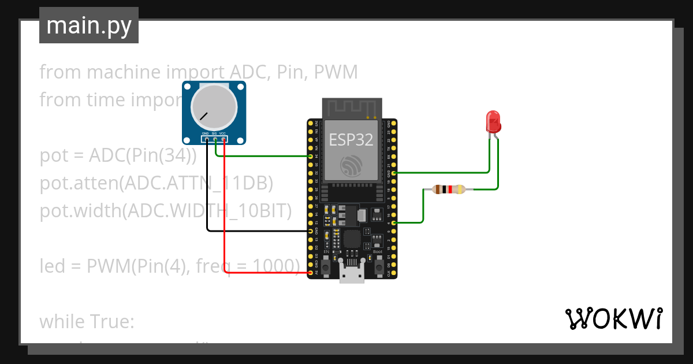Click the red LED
click(x=494, y=121)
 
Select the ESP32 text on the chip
click(x=351, y=139)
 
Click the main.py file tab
click(x=89, y=25)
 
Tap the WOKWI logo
click(x=613, y=318)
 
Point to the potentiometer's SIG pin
click(x=215, y=139)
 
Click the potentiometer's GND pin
click(x=206, y=139)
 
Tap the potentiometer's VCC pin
click(x=223, y=139)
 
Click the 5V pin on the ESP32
click(x=311, y=273)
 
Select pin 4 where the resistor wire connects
click(x=393, y=222)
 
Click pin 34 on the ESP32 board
click(x=311, y=156)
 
